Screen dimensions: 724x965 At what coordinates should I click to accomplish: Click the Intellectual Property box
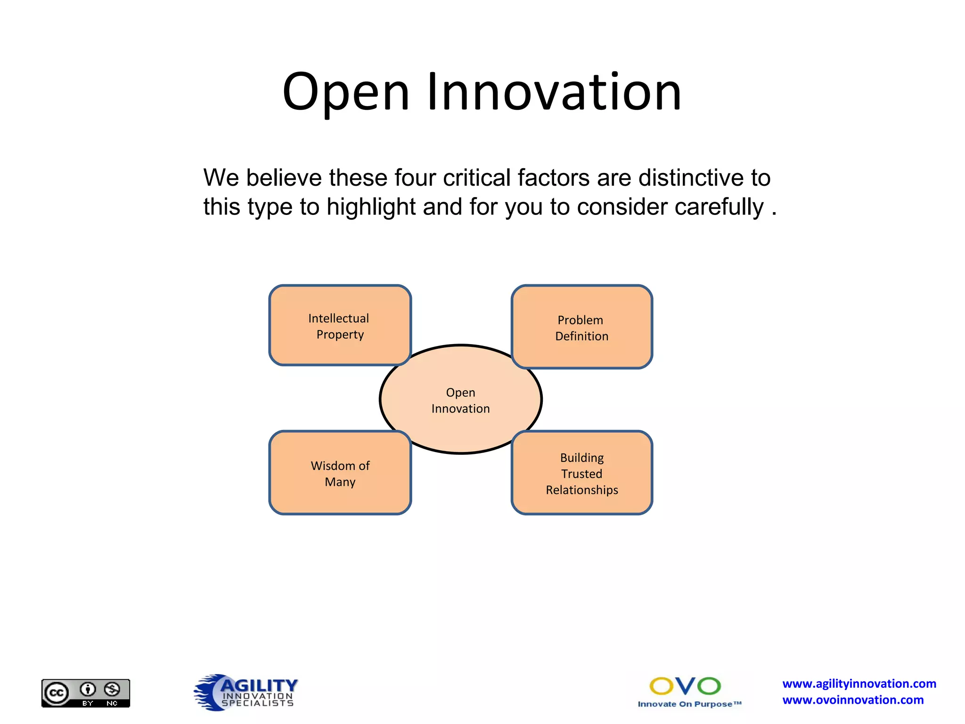pyautogui.click(x=339, y=326)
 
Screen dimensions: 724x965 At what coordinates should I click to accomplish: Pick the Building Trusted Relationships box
pyautogui.click(x=581, y=473)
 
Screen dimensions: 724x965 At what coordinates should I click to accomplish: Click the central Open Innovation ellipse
pyautogui.click(x=460, y=400)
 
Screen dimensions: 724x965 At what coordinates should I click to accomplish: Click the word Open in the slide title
pyautogui.click(x=345, y=92)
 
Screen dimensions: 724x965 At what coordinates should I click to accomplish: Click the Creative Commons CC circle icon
pyautogui.click(x=57, y=693)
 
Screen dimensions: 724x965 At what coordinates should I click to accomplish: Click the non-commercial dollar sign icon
pyautogui.click(x=112, y=690)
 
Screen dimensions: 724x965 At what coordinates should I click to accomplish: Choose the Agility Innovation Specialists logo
pyautogui.click(x=246, y=692)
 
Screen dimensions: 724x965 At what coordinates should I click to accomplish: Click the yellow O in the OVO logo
pyautogui.click(x=662, y=686)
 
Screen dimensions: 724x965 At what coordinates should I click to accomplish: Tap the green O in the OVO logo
pyautogui.click(x=709, y=686)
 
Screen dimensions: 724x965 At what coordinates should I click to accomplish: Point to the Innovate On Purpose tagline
pyautogui.click(x=689, y=704)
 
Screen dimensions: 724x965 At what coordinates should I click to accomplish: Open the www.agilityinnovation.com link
pyautogui.click(x=859, y=684)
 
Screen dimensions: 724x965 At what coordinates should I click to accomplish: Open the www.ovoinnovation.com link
pyautogui.click(x=853, y=700)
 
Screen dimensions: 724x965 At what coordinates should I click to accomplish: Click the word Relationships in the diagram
pyautogui.click(x=582, y=490)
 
